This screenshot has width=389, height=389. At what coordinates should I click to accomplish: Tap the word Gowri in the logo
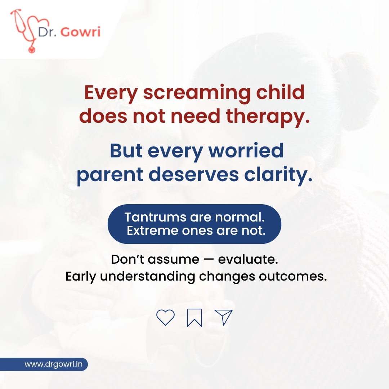click(80, 32)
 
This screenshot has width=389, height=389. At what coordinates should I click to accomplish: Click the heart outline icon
click(165, 317)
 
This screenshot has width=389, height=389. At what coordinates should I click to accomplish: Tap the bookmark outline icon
click(194, 318)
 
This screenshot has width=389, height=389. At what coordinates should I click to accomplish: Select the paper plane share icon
click(223, 317)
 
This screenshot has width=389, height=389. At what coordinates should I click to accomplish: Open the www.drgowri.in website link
click(54, 364)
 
